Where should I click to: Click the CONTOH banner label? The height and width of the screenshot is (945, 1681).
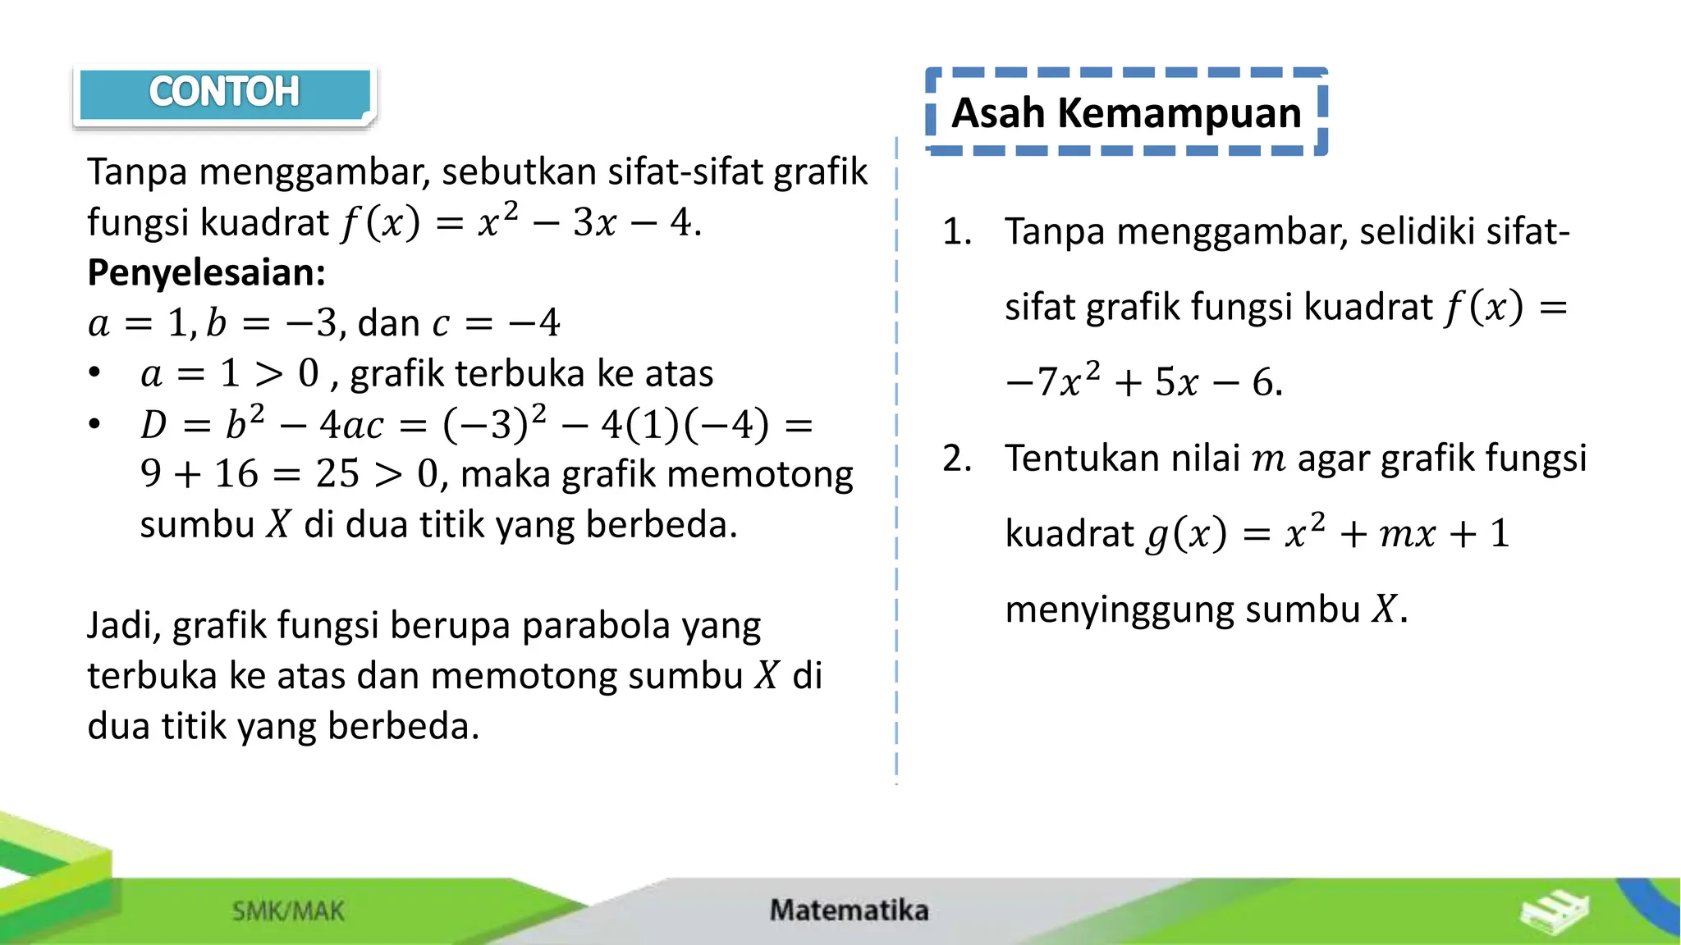click(x=223, y=92)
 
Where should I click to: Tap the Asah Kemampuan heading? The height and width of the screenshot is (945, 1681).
click(x=1126, y=112)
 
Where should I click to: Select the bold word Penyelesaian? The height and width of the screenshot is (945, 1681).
click(x=206, y=272)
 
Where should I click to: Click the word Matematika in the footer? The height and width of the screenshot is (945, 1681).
click(x=849, y=910)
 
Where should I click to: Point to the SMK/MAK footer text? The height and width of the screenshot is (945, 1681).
click(x=288, y=911)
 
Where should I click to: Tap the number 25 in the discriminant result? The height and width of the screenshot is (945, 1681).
click(x=337, y=473)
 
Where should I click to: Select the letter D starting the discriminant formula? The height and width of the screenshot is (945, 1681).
click(x=153, y=424)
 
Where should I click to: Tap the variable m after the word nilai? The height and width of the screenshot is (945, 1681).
click(x=1268, y=459)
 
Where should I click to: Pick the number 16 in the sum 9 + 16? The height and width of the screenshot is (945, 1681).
click(x=236, y=473)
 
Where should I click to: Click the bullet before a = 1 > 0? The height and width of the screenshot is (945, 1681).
click(x=95, y=373)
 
